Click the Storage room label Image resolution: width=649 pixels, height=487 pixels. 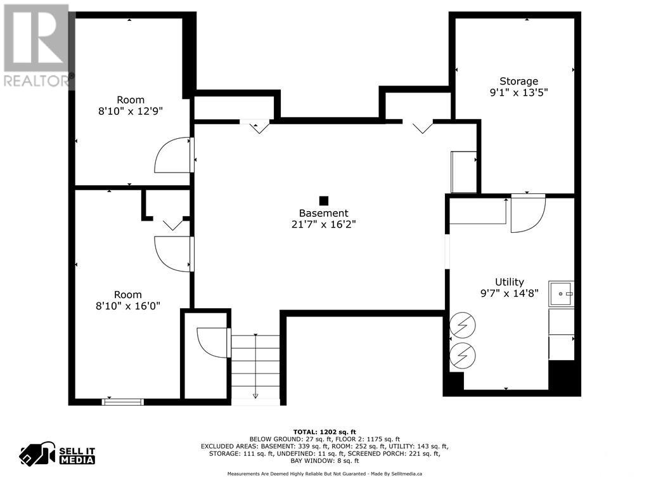[x=518, y=81]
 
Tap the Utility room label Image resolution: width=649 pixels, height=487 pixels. [x=510, y=282]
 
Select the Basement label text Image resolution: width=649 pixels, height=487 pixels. [x=324, y=214]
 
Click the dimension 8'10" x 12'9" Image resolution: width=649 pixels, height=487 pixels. [x=130, y=110]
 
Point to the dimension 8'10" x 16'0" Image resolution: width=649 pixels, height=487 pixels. [x=128, y=306]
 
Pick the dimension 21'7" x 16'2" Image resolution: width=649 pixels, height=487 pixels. [x=324, y=224]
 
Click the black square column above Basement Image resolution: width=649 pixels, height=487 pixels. [x=324, y=200]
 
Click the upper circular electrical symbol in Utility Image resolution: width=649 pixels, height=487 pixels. [x=461, y=327]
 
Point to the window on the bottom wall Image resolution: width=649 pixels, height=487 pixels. [x=123, y=401]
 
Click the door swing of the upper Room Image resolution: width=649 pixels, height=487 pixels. [x=172, y=155]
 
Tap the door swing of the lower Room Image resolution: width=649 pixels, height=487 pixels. [x=172, y=254]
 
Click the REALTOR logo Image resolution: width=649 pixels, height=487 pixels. [x=36, y=44]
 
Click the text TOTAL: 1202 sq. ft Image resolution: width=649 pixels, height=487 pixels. [x=324, y=431]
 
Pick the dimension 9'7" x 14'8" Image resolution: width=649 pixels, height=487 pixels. [x=510, y=294]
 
